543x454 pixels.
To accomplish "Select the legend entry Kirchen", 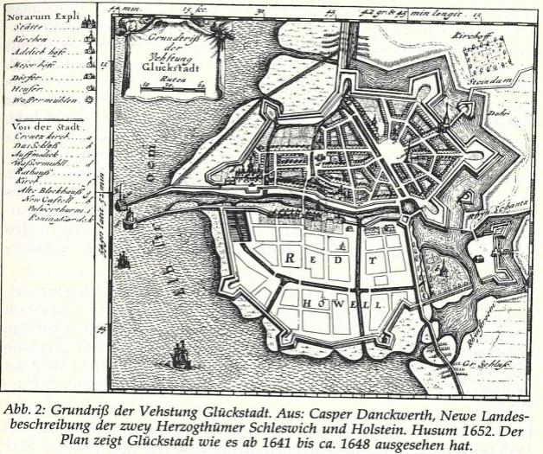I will [x=31, y=40].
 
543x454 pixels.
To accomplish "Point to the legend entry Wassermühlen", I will [x=38, y=99].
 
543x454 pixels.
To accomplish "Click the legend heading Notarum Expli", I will [x=40, y=15].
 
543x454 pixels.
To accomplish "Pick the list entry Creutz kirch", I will [x=36, y=138].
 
